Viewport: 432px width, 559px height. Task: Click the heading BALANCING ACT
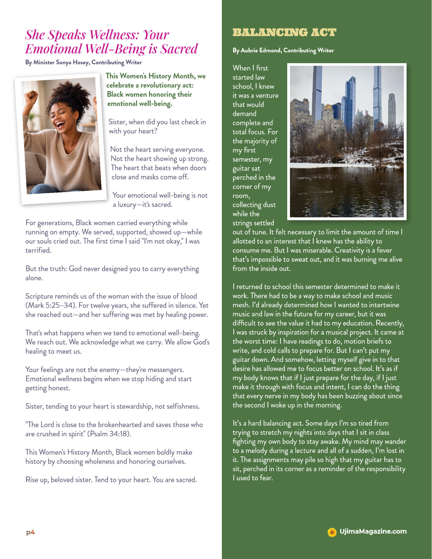click(284, 33)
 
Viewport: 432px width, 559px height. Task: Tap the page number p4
click(30, 532)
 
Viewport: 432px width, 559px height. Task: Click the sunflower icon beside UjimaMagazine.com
click(332, 532)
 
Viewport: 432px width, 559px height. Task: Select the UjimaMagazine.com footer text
click(373, 531)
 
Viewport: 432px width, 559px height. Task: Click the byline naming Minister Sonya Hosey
click(83, 62)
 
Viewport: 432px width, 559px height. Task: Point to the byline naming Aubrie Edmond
click(283, 50)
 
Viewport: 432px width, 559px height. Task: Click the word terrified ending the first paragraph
click(38, 250)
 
